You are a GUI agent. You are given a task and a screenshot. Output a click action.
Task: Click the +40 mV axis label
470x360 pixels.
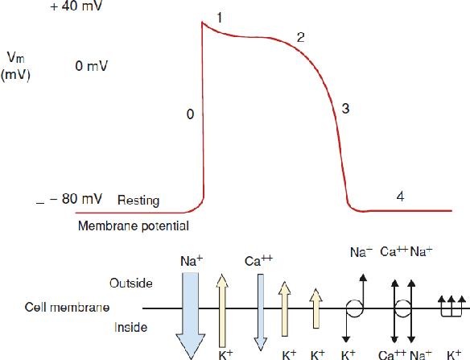point(76,6)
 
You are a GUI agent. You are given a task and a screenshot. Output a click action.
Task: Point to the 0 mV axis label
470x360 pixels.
point(92,66)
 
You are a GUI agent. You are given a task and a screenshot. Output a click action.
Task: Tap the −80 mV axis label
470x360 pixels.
point(76,199)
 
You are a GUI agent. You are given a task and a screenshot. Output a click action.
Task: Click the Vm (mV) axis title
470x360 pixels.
point(15,66)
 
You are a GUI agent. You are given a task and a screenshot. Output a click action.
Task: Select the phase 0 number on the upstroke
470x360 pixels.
point(190,114)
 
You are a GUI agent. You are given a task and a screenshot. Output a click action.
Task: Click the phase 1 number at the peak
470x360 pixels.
point(220,18)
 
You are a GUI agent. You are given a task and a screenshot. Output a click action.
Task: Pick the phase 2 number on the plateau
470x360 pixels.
point(301,37)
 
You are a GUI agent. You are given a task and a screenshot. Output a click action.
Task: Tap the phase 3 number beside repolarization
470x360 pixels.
point(345,108)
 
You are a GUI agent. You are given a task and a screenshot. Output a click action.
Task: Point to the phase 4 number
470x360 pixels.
point(400,197)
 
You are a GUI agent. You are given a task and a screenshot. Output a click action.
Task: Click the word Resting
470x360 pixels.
point(138,201)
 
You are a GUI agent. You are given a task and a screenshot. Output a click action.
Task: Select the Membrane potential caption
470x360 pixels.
point(134,226)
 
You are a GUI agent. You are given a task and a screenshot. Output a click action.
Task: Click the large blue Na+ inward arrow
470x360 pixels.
point(191,315)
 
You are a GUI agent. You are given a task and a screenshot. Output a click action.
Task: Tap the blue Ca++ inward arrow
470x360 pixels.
point(261,312)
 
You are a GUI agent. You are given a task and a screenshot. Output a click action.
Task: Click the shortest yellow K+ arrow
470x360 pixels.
point(316,308)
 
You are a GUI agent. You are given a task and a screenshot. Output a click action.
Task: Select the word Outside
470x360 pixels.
point(131,283)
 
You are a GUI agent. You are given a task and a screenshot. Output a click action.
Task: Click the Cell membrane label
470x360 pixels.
point(67,307)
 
